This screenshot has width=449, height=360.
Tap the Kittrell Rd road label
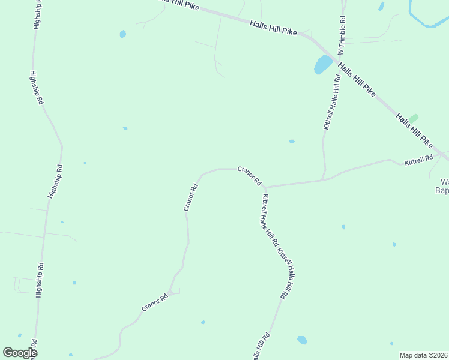418,160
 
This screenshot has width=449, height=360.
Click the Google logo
19,353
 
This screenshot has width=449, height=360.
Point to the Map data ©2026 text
424,355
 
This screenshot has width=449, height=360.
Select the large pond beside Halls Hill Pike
322,64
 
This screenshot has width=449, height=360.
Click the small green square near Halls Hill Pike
414,118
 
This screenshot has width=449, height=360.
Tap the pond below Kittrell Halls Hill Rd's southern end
301,340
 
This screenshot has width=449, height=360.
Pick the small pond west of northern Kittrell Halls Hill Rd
292,142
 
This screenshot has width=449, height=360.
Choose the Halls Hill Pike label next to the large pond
357,79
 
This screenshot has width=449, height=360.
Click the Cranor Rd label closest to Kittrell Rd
249,176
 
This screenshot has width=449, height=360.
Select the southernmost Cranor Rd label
154,303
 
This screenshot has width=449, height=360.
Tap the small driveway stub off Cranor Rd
175,292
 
